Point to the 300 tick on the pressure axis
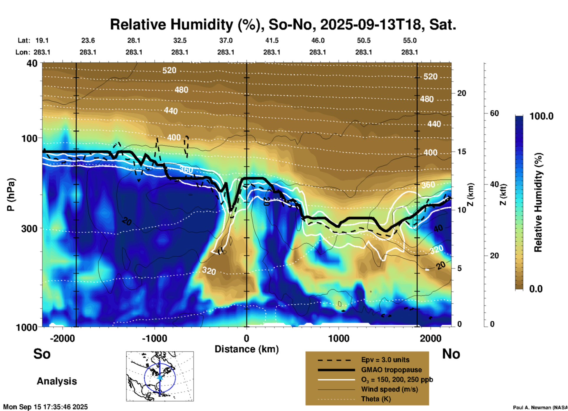click(x=29, y=228)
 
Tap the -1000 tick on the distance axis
click(x=154, y=338)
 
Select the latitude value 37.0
click(x=226, y=41)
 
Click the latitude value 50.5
click(x=363, y=41)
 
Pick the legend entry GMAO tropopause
click(x=391, y=370)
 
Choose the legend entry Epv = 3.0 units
click(x=385, y=360)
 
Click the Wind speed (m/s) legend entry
click(x=389, y=389)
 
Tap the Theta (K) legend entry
click(x=376, y=399)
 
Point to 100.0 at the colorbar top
click(x=541, y=116)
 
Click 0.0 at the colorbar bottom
click(x=536, y=289)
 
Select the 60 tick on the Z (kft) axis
click(x=494, y=113)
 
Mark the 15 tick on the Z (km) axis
click(x=461, y=152)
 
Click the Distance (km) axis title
click(x=247, y=349)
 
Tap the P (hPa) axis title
click(x=11, y=195)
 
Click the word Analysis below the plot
click(x=57, y=381)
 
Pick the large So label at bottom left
click(x=42, y=354)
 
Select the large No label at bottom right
click(x=451, y=354)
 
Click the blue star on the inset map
click(x=160, y=377)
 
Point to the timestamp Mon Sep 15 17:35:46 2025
click(x=45, y=407)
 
